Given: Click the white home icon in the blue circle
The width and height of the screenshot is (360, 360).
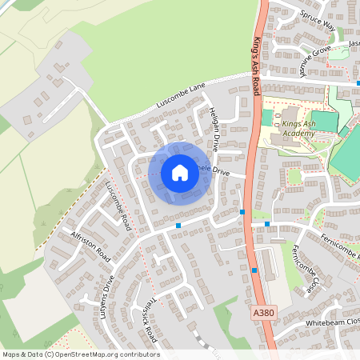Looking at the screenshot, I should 180,173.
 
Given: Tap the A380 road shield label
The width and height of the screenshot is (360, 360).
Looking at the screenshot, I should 262,310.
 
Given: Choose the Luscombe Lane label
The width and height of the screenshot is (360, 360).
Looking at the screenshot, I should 181,96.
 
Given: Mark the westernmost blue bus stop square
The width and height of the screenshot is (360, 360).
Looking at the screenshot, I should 178,226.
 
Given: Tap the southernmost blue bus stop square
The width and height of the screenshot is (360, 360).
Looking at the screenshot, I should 255,270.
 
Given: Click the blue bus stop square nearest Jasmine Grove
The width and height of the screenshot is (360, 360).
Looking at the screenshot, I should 358,82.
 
